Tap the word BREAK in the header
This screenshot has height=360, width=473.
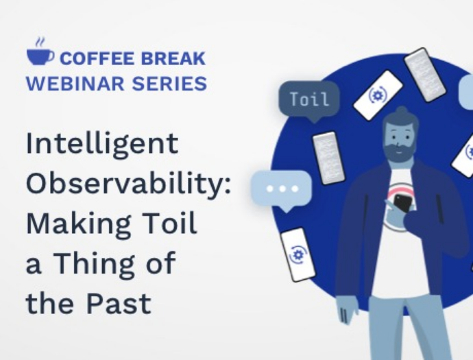point(173,58)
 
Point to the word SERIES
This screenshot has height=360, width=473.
point(169,84)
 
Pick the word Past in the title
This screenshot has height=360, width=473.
point(119,302)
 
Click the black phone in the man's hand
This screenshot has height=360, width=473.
point(402,203)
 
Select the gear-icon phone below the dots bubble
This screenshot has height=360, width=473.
point(298,254)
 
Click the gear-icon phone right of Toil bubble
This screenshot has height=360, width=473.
point(378,95)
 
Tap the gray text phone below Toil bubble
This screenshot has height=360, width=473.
point(328,158)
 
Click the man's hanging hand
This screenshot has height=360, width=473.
point(348,310)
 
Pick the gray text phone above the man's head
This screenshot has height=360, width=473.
point(425,75)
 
